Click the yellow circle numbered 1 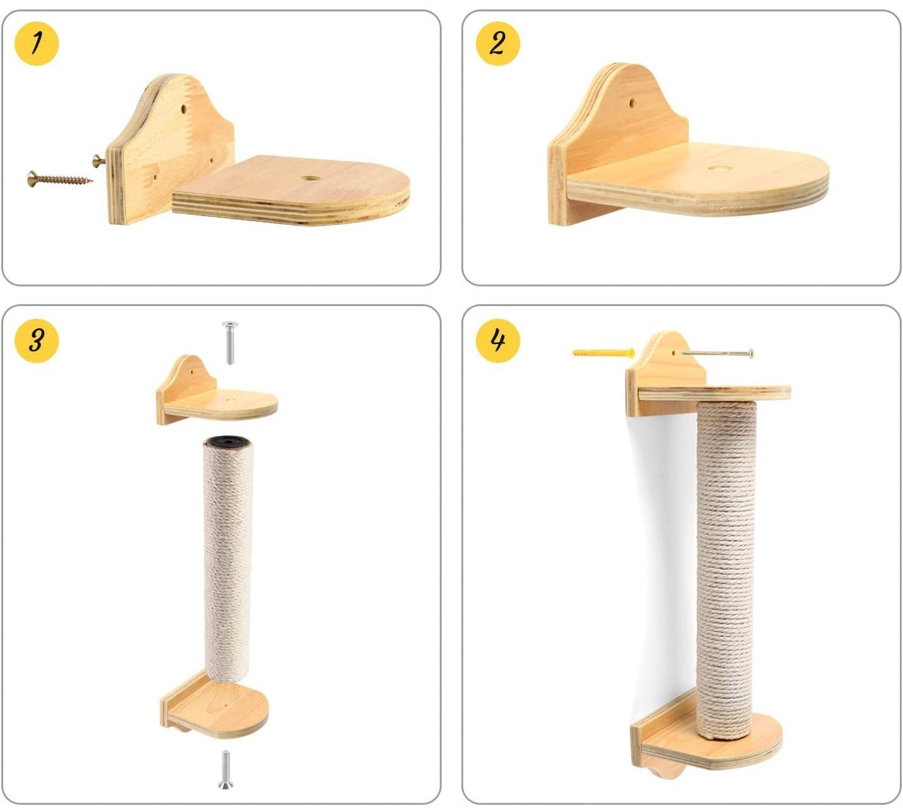point(37,44)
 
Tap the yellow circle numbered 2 point(497,44)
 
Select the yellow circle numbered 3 point(37,340)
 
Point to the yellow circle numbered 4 point(497,340)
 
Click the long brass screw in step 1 point(60,179)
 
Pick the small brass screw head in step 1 point(98,160)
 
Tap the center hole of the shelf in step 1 point(309,178)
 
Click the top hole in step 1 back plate point(184,108)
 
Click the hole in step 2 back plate point(632,103)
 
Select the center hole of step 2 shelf point(720,168)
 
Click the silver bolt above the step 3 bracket point(230,342)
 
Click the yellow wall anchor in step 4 point(603,353)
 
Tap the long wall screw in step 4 point(717,354)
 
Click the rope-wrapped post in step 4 point(726,571)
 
